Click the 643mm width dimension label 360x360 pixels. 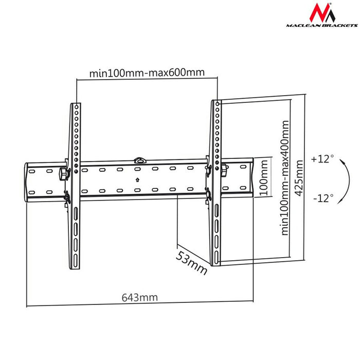[x=139, y=297]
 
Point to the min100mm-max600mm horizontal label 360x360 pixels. [x=147, y=73]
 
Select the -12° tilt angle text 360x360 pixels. [x=322, y=197]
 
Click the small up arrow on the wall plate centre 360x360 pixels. [x=137, y=179]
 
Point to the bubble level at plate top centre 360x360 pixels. [x=138, y=160]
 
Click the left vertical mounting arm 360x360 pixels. [x=74, y=185]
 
